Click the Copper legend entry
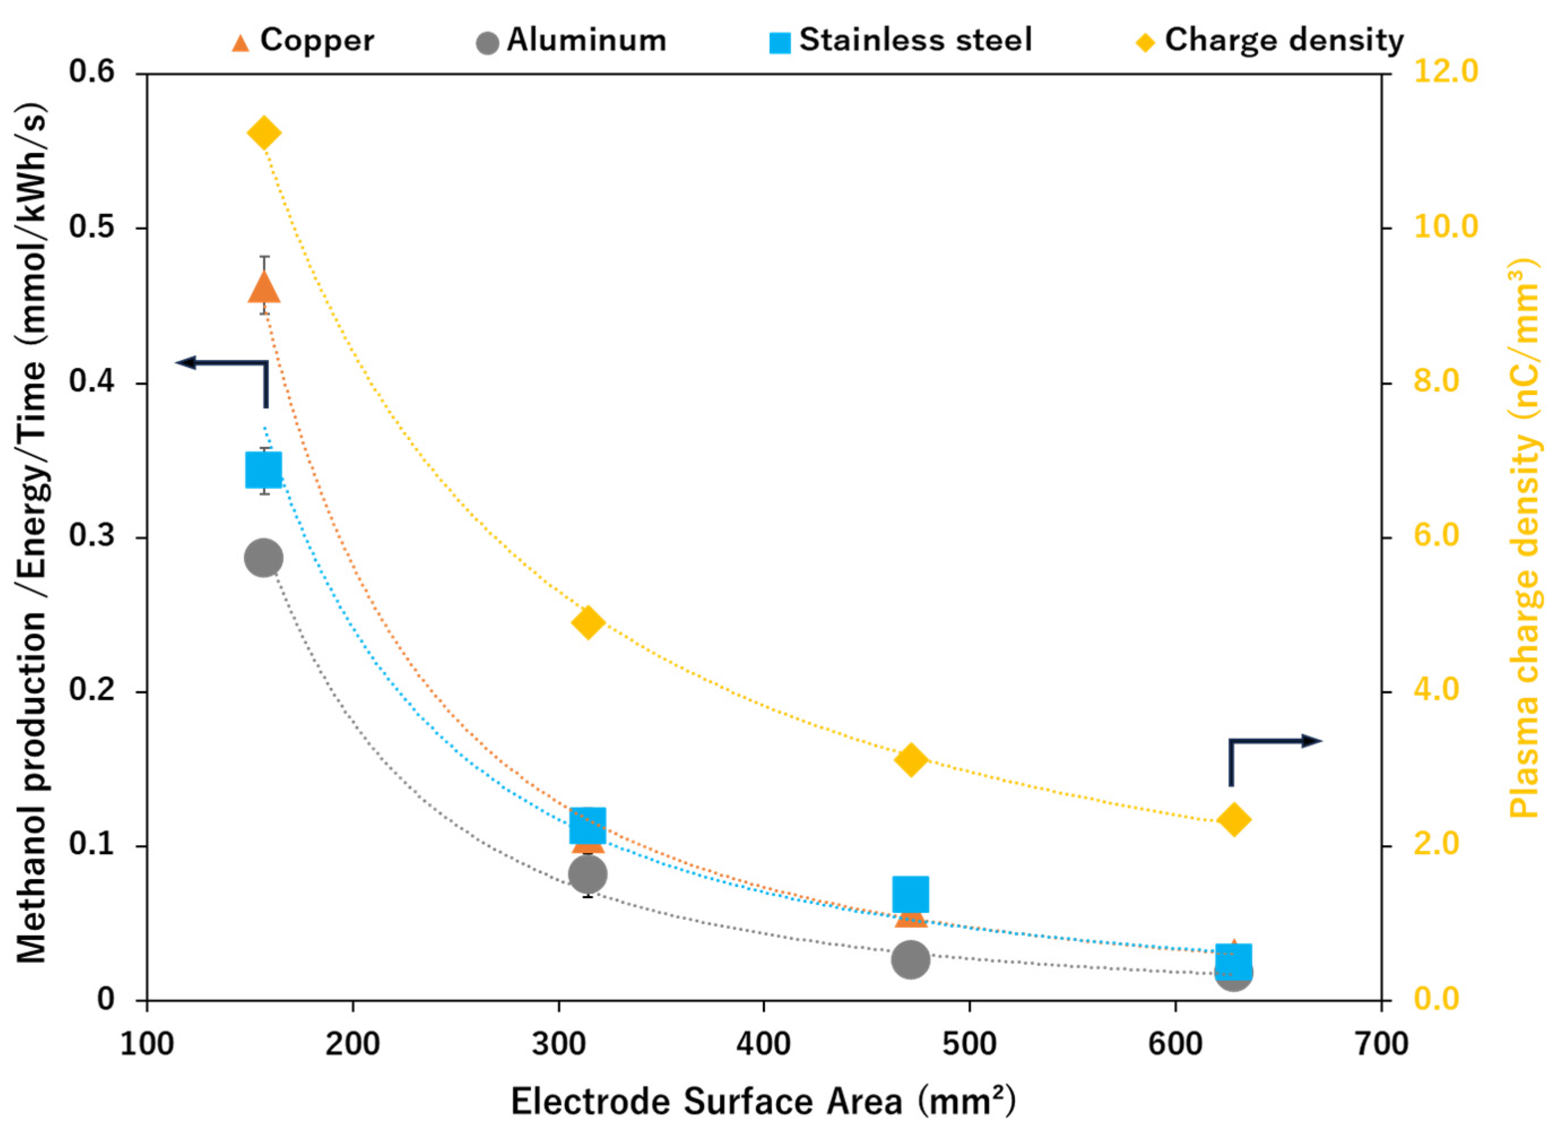302,41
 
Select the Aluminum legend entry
570,41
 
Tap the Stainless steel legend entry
899,41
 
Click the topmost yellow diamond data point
264,132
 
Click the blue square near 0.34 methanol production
264,470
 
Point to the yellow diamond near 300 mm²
587,622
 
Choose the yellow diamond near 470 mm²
911,760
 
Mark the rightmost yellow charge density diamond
1233,820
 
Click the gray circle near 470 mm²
911,959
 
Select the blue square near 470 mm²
911,894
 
